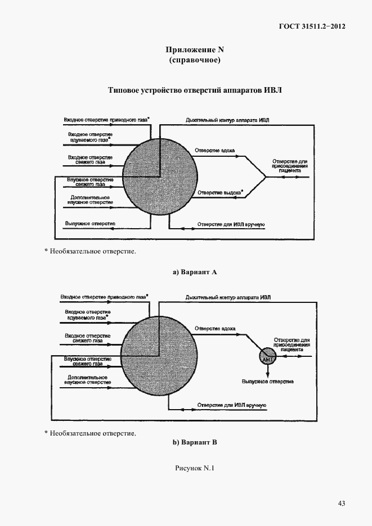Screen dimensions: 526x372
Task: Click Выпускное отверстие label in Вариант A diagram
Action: click(x=91, y=224)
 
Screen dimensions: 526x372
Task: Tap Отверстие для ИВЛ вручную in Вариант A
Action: click(x=231, y=225)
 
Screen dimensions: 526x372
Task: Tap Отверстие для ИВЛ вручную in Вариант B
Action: click(x=231, y=405)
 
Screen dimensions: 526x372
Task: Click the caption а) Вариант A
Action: click(x=194, y=272)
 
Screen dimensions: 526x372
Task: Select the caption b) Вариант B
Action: click(x=194, y=442)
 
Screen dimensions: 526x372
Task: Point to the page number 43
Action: click(x=341, y=504)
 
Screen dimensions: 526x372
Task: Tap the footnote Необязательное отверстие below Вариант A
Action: click(x=92, y=251)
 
